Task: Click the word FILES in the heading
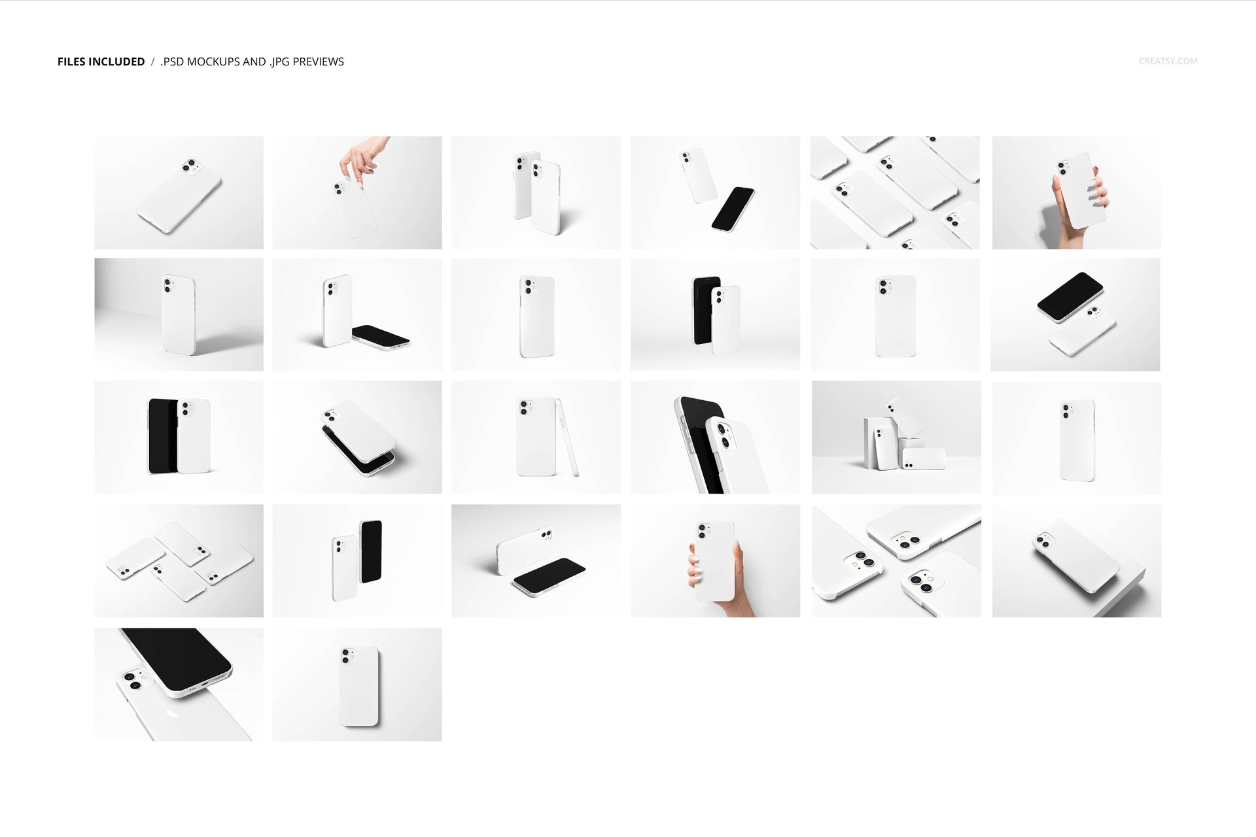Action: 71,61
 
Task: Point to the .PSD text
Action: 172,61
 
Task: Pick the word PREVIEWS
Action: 319,61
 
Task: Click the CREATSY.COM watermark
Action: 1168,61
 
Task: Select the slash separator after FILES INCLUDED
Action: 152,61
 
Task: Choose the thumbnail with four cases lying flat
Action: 179,560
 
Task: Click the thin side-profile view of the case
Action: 567,437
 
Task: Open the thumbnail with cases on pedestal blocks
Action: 896,437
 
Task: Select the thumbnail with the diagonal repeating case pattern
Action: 895,192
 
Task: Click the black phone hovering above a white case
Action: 1070,296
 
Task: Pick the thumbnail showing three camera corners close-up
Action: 896,560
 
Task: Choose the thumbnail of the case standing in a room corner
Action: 179,315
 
